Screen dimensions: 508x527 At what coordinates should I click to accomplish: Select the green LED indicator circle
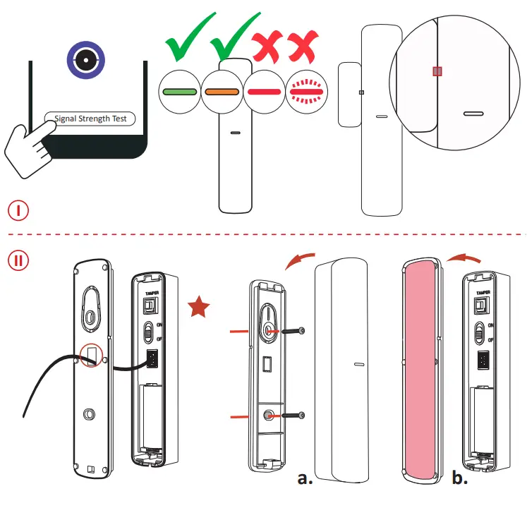(179, 92)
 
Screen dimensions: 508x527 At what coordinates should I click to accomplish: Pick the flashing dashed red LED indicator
(306, 92)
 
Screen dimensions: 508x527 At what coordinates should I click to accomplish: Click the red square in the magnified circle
(437, 71)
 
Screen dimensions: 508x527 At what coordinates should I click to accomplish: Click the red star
(199, 308)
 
